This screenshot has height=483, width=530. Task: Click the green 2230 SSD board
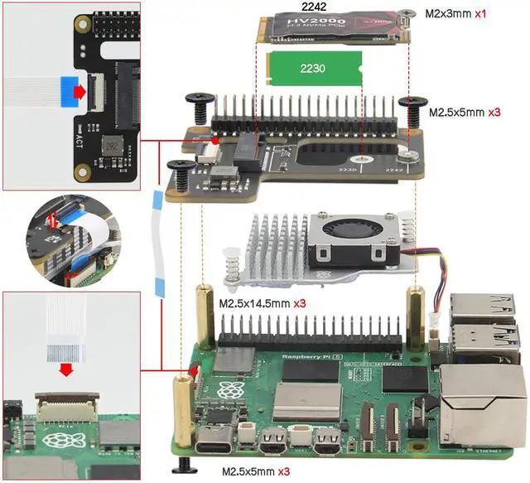(x=312, y=66)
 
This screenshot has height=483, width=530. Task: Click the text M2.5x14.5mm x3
(x=262, y=304)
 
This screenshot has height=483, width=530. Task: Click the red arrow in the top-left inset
(x=77, y=88)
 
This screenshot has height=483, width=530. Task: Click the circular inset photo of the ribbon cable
(x=62, y=235)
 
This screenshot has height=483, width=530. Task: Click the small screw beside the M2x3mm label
(x=406, y=12)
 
